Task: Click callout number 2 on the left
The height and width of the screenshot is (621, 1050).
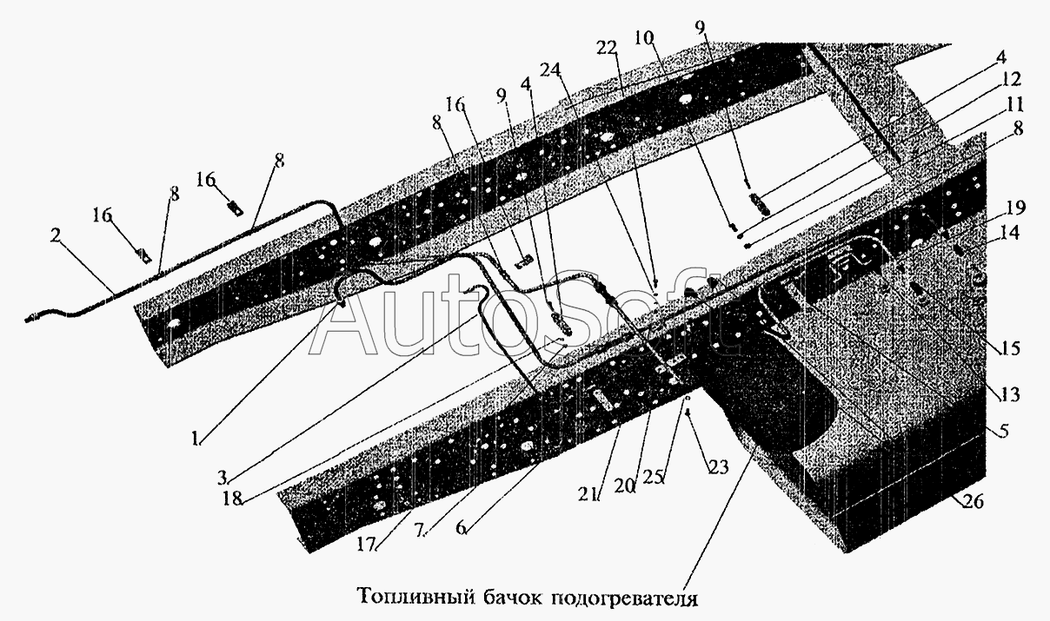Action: pyautogui.click(x=56, y=235)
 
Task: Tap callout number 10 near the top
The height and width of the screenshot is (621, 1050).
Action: pyautogui.click(x=645, y=38)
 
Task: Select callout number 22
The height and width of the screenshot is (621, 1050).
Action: pyautogui.click(x=607, y=48)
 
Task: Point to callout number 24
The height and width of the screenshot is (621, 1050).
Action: pyautogui.click(x=551, y=69)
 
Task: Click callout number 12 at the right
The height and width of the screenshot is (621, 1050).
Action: pyautogui.click(x=1012, y=80)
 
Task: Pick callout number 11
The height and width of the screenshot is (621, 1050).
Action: pyautogui.click(x=1013, y=104)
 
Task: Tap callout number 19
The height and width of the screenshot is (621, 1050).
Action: pyautogui.click(x=1015, y=208)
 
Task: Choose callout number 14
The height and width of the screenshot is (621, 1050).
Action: pyautogui.click(x=1010, y=232)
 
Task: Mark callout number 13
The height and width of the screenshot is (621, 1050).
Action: pyautogui.click(x=1010, y=395)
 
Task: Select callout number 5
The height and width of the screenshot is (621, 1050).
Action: pyautogui.click(x=1003, y=431)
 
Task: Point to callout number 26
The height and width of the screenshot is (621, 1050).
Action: pyautogui.click(x=974, y=502)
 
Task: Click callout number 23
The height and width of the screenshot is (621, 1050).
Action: pyautogui.click(x=718, y=467)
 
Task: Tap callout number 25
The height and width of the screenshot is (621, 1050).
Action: pyautogui.click(x=654, y=477)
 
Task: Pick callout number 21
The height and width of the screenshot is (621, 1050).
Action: pyautogui.click(x=589, y=493)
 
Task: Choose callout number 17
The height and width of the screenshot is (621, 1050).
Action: pyautogui.click(x=367, y=545)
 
